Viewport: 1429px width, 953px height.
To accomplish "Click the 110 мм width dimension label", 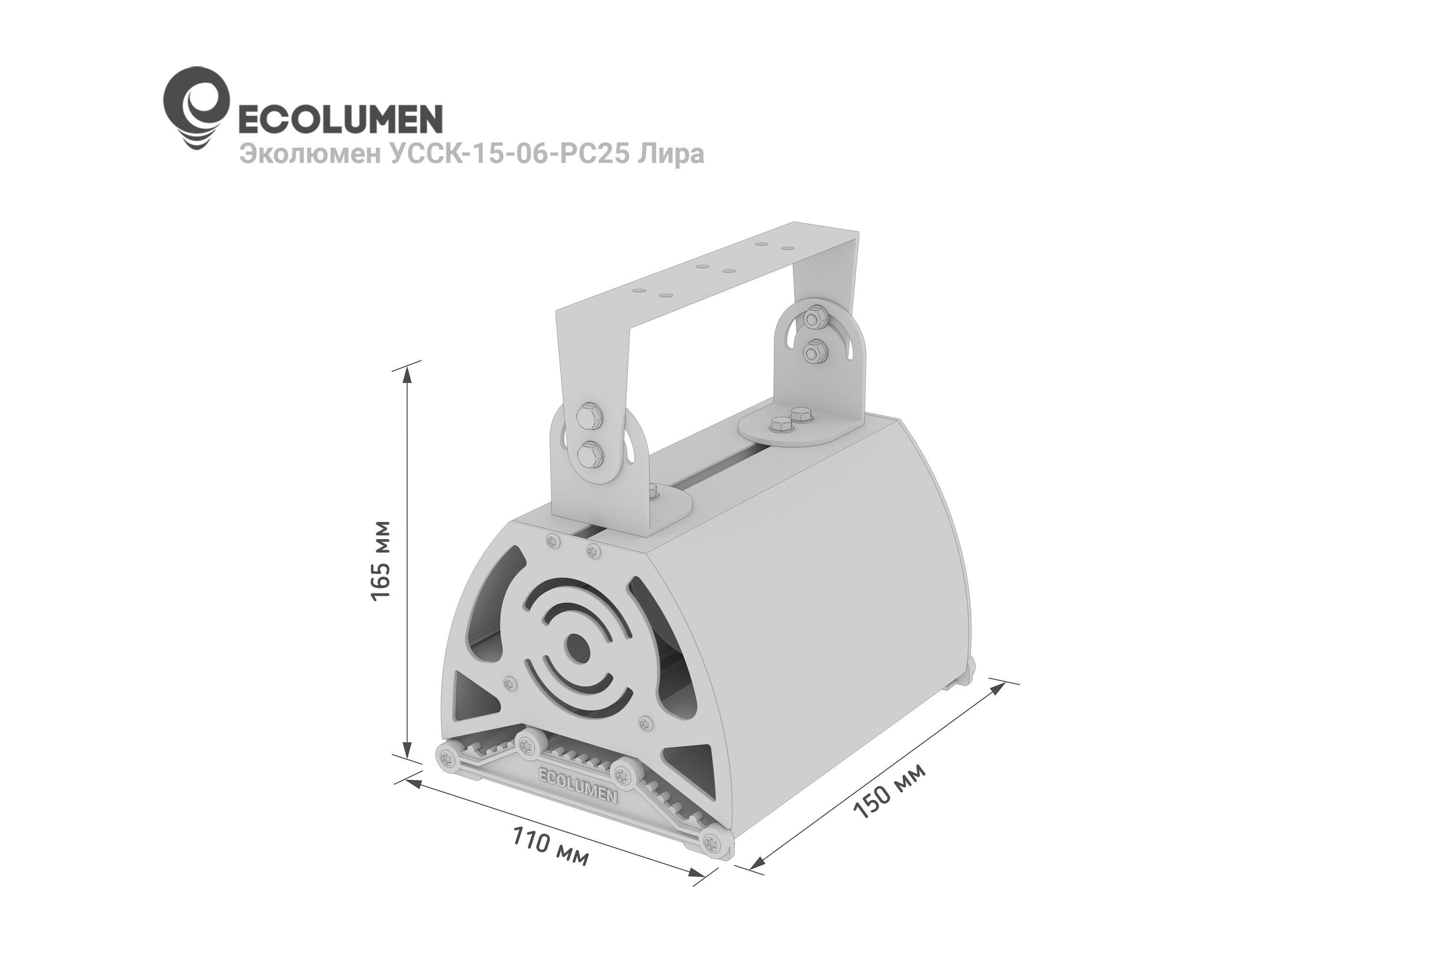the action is point(550,845).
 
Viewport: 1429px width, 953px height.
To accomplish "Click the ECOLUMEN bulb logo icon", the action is point(196,108).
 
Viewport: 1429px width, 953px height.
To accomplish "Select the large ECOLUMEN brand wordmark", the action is point(339,119).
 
